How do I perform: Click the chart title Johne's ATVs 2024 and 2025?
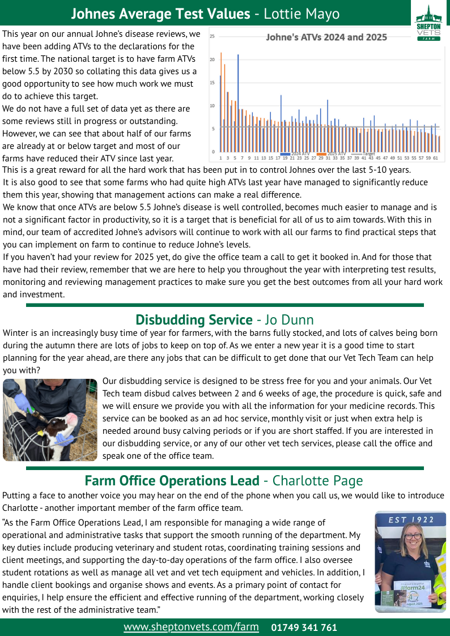click(326, 37)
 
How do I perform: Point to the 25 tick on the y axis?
click(212, 36)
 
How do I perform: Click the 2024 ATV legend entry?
click(298, 153)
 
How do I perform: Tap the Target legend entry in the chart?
click(366, 153)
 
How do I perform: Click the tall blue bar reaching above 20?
click(238, 102)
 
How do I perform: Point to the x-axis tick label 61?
click(435, 159)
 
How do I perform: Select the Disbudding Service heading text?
click(194, 320)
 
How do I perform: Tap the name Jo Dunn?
click(289, 320)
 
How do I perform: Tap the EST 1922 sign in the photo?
click(410, 519)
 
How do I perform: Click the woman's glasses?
click(411, 536)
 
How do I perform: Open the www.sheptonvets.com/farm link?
click(191, 627)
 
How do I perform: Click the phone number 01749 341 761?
click(304, 628)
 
